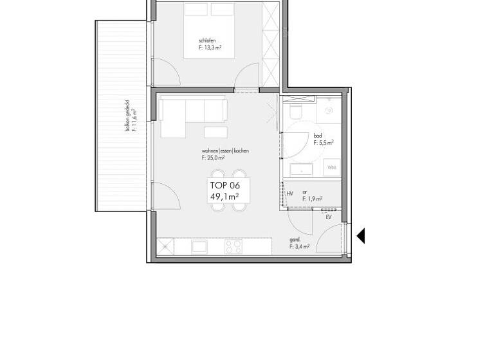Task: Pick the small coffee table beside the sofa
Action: [216, 132]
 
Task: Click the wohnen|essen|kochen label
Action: [224, 150]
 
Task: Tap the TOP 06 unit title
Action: [224, 186]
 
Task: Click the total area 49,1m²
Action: [225, 197]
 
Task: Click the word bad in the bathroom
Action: [318, 136]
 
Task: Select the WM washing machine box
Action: [332, 167]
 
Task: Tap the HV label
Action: [290, 193]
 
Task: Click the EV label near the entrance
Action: [329, 218]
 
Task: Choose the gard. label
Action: [295, 240]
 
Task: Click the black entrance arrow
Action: [361, 236]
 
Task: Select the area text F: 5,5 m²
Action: [324, 143]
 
